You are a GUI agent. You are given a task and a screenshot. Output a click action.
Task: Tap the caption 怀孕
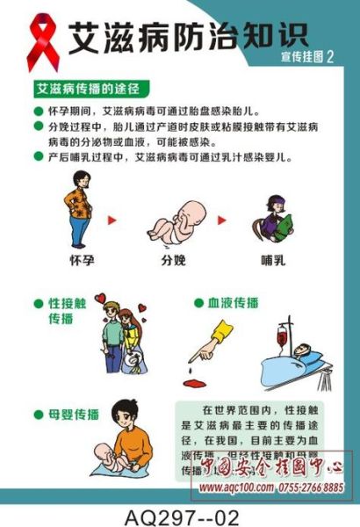pyautogui.click(x=83, y=260)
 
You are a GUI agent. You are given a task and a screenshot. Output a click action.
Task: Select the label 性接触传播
pyautogui.click(x=67, y=312)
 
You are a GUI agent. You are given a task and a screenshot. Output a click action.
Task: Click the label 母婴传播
pyautogui.click(x=67, y=414)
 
